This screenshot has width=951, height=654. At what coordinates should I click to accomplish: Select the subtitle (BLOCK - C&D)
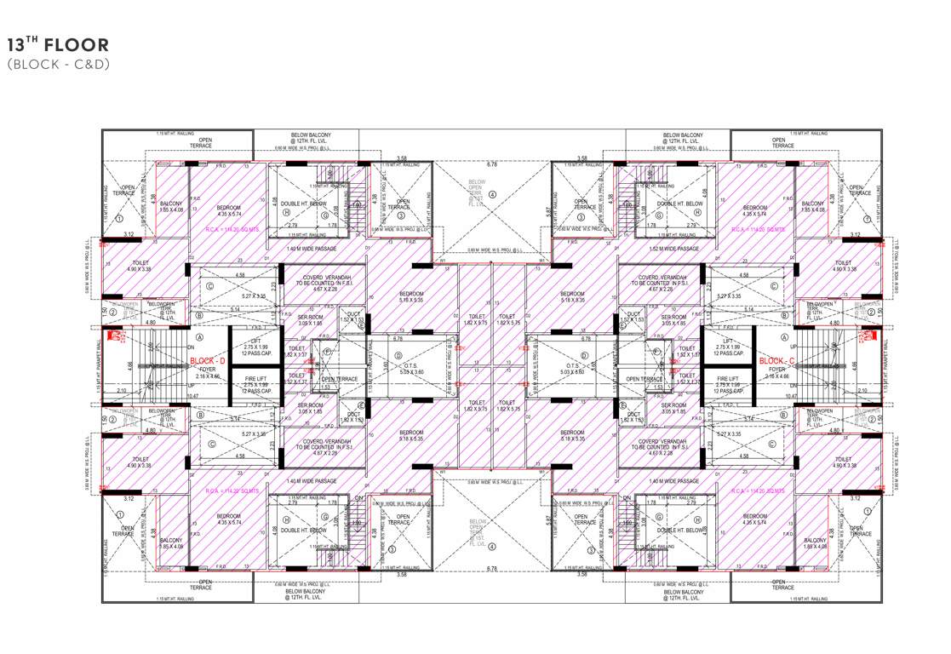pyautogui.click(x=58, y=64)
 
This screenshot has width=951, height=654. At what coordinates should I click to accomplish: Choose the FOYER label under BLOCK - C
pyautogui.click(x=777, y=370)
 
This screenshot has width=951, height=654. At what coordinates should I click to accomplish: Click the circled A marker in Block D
pyautogui.click(x=199, y=336)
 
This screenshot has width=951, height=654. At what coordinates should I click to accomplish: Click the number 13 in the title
pyautogui.click(x=17, y=46)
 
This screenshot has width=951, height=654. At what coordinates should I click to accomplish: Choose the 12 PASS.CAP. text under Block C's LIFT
pyautogui.click(x=727, y=353)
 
